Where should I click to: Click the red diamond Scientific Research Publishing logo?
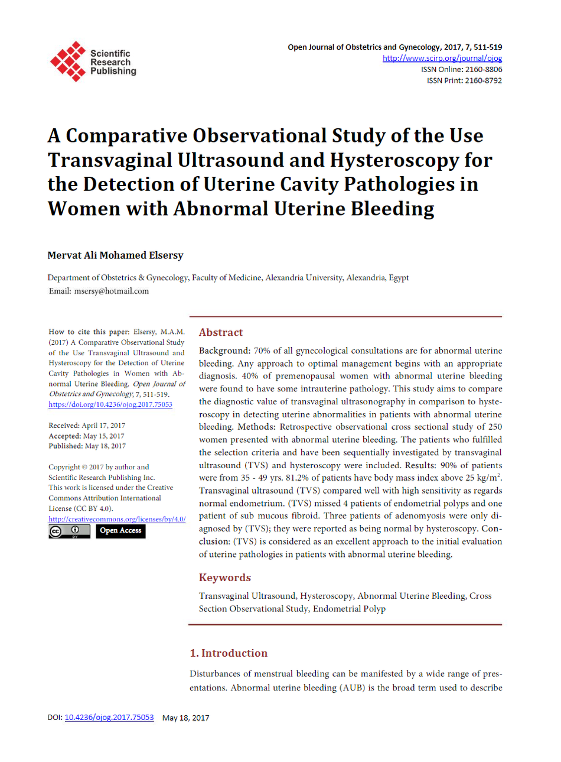pos(68,61)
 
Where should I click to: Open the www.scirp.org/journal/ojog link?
pos(442,58)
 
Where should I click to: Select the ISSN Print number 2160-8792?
pos(482,80)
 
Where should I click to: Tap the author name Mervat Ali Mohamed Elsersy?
pos(115,255)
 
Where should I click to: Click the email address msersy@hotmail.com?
pos(111,291)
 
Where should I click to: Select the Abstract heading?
pos(221,332)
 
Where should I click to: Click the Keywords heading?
pos(224,578)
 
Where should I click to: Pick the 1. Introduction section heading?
pos(229,653)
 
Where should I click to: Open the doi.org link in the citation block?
pos(110,404)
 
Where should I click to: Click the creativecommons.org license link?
pos(117,519)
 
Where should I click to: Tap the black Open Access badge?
pos(120,531)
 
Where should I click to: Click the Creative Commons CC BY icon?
pos(69,531)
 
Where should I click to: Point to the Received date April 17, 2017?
pos(103,426)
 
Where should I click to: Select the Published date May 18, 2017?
pos(105,446)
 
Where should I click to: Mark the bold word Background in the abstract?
pos(224,351)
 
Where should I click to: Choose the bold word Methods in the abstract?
pos(256,427)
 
